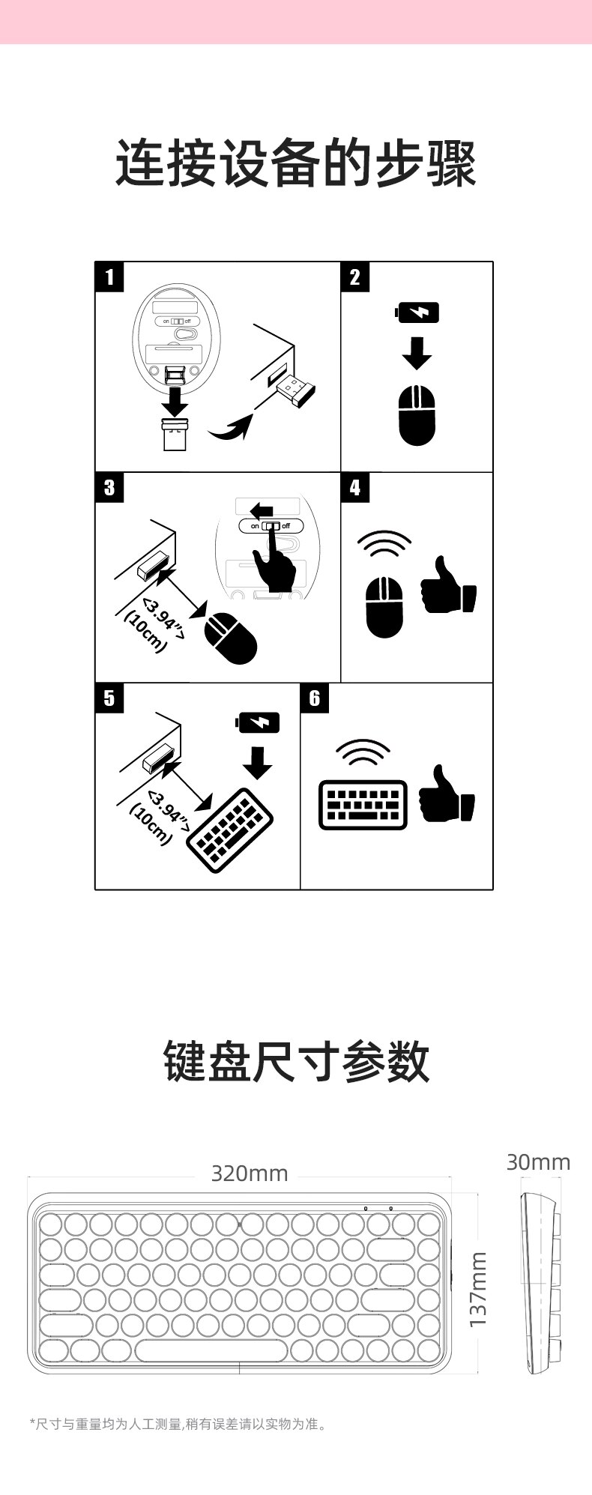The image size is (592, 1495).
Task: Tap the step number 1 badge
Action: pos(109,277)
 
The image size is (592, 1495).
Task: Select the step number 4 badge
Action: pos(355,488)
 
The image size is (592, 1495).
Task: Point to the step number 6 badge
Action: pos(315,698)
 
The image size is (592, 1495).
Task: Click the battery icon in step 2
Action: pos(417,312)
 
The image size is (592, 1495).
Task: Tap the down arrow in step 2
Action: pos(417,351)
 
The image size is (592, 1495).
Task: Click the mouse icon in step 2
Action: pos(417,415)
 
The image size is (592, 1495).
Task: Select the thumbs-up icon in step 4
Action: pos(448,585)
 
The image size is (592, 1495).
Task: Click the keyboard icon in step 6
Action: pos(363,805)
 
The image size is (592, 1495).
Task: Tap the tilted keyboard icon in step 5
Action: pos(230,830)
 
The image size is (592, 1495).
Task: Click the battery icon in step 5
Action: pos(258,722)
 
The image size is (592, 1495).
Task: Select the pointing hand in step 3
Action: pos(274,561)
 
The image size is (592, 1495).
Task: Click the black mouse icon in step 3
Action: pos(231,638)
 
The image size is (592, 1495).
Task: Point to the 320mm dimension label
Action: pos(250,1173)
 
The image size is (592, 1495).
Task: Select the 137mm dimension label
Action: pos(478,1289)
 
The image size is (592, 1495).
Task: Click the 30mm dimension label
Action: pos(538,1162)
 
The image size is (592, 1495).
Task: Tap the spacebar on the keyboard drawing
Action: pos(211,1350)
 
